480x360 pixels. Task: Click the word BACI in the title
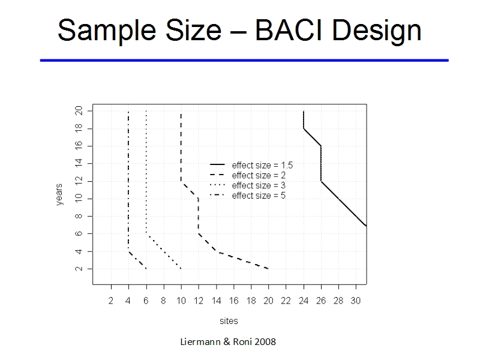point(290,30)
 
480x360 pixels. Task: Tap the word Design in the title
point(377,32)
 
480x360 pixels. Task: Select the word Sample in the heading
point(107,32)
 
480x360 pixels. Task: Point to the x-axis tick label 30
point(356,301)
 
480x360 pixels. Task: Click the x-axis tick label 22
point(286,301)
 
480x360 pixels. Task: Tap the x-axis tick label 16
point(233,301)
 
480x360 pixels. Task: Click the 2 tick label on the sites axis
point(111,301)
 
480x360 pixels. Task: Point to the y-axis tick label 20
point(79,110)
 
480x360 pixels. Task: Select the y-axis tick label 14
point(79,163)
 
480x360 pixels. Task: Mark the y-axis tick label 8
point(79,216)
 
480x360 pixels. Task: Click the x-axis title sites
point(229,321)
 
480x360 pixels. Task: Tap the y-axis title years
point(59,194)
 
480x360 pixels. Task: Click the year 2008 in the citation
point(265,341)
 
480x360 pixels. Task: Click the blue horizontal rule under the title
point(244,61)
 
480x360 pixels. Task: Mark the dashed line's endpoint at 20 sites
point(268,269)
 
